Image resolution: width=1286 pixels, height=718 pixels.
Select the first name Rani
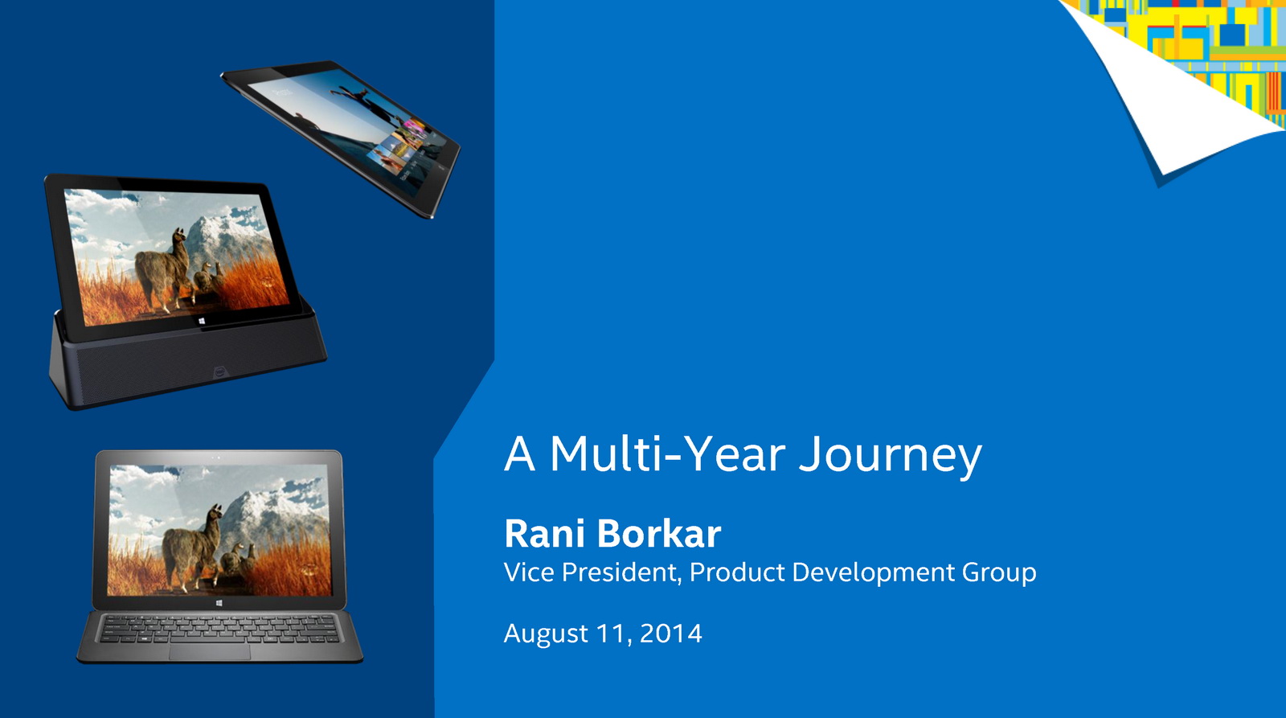click(x=546, y=534)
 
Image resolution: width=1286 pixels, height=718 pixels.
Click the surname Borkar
click(x=659, y=533)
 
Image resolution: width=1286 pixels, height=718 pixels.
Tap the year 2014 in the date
click(x=670, y=634)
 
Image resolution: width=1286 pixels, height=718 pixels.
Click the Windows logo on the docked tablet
click(x=202, y=321)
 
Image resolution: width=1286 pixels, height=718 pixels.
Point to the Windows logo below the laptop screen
click(x=219, y=602)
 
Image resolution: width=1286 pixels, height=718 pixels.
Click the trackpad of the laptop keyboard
click(x=210, y=652)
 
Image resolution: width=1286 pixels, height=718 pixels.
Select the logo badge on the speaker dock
click(x=220, y=372)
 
